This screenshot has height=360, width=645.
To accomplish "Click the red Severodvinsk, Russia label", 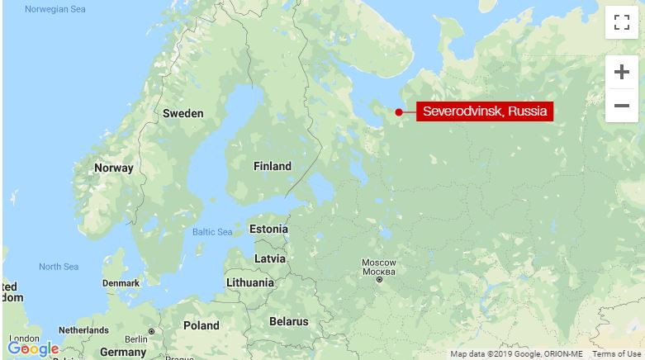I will pos(484,111).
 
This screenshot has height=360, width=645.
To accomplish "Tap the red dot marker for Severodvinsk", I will pos(399,112).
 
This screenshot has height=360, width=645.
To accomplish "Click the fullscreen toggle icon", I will pos(621,23).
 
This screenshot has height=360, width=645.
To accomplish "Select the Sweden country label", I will pos(183,113).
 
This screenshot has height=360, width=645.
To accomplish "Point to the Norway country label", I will pos(114,168).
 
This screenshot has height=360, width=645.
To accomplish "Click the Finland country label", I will pos(272,166).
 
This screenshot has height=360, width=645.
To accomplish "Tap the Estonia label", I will pos(268,229).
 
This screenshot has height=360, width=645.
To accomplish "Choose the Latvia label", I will pos(270,258).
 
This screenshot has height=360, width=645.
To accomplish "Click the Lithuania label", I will pos(249,282).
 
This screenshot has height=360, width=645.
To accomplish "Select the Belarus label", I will pos(288,321).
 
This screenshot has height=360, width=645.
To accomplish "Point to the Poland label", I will pos(202,325).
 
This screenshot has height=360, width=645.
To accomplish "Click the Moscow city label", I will pos(379,268).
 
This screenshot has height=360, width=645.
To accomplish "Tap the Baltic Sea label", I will pos(212,232).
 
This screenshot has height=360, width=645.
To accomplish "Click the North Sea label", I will pos(59,267).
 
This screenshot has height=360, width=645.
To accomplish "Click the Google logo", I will pos(33,348).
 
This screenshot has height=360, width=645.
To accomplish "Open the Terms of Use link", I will pos(616,354).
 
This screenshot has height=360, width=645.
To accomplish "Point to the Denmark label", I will pos(121,283).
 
